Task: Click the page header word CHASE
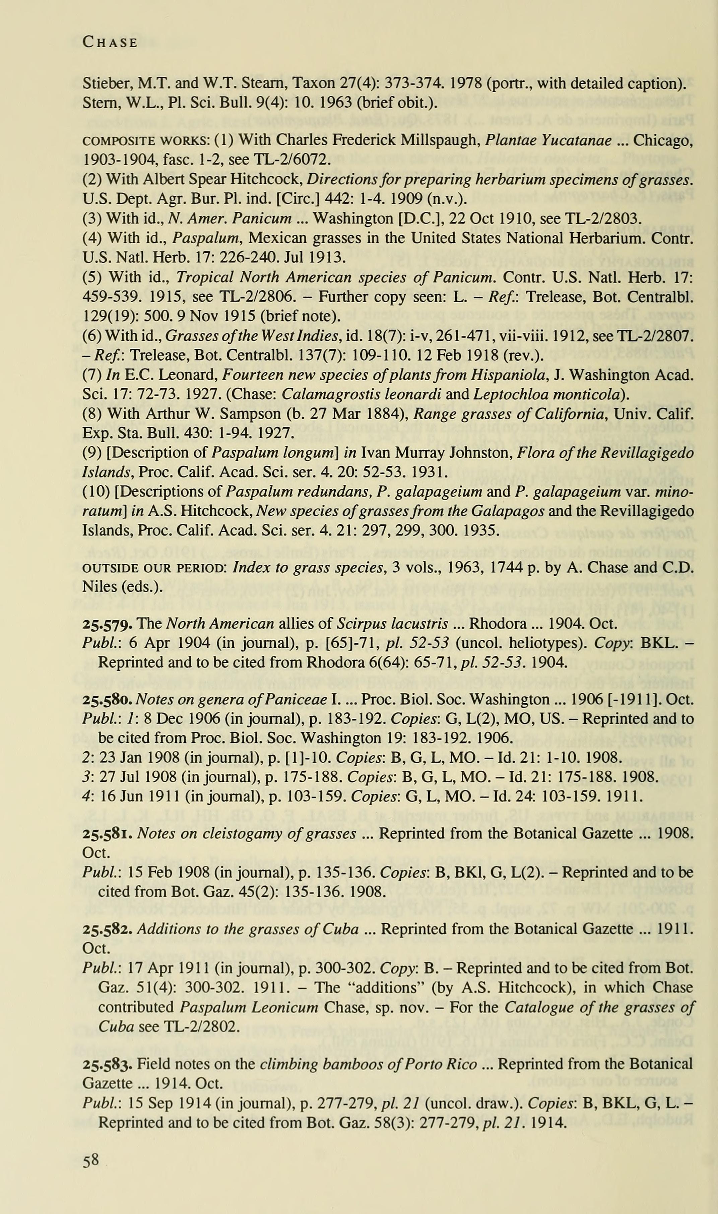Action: pos(110,43)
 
